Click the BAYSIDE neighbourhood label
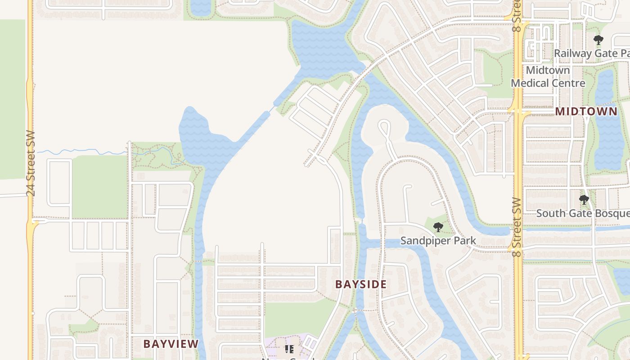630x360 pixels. pyautogui.click(x=361, y=284)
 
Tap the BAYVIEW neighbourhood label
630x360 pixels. pyautogui.click(x=171, y=344)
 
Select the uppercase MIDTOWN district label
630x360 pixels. pyautogui.click(x=586, y=112)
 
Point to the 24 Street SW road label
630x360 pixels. pyautogui.click(x=30, y=163)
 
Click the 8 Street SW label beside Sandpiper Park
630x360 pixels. pyautogui.click(x=517, y=227)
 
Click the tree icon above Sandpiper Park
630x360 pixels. pyautogui.click(x=438, y=227)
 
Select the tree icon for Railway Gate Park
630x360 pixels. pyautogui.click(x=598, y=40)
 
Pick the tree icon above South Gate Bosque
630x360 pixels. pyautogui.click(x=584, y=199)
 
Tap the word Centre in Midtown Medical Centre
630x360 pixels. pyautogui.click(x=571, y=83)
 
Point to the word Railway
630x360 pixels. pyautogui.click(x=573, y=53)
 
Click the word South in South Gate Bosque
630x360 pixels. pyautogui.click(x=550, y=213)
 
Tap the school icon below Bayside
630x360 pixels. pyautogui.click(x=289, y=349)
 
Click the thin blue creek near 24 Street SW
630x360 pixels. pyautogui.click(x=81, y=153)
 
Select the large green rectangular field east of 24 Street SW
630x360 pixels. pyautogui.click(x=99, y=187)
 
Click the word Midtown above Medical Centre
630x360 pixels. pyautogui.click(x=548, y=70)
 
